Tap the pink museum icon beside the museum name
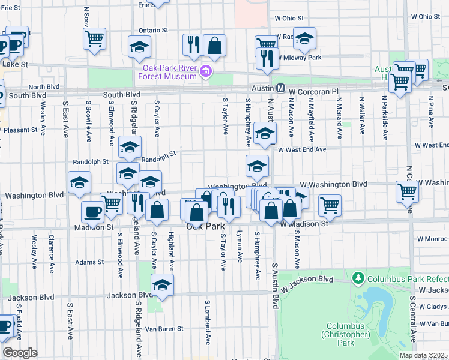(206, 72)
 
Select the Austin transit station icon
(280, 88)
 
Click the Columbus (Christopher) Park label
(345, 334)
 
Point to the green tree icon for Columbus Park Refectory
(358, 278)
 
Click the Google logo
(20, 353)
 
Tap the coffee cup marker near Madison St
(93, 211)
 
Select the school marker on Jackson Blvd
(162, 286)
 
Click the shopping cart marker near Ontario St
(95, 39)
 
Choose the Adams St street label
(90, 262)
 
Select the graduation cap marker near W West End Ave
(264, 134)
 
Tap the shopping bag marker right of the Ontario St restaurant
(214, 45)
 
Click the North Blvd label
(44, 86)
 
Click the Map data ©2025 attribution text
(423, 355)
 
